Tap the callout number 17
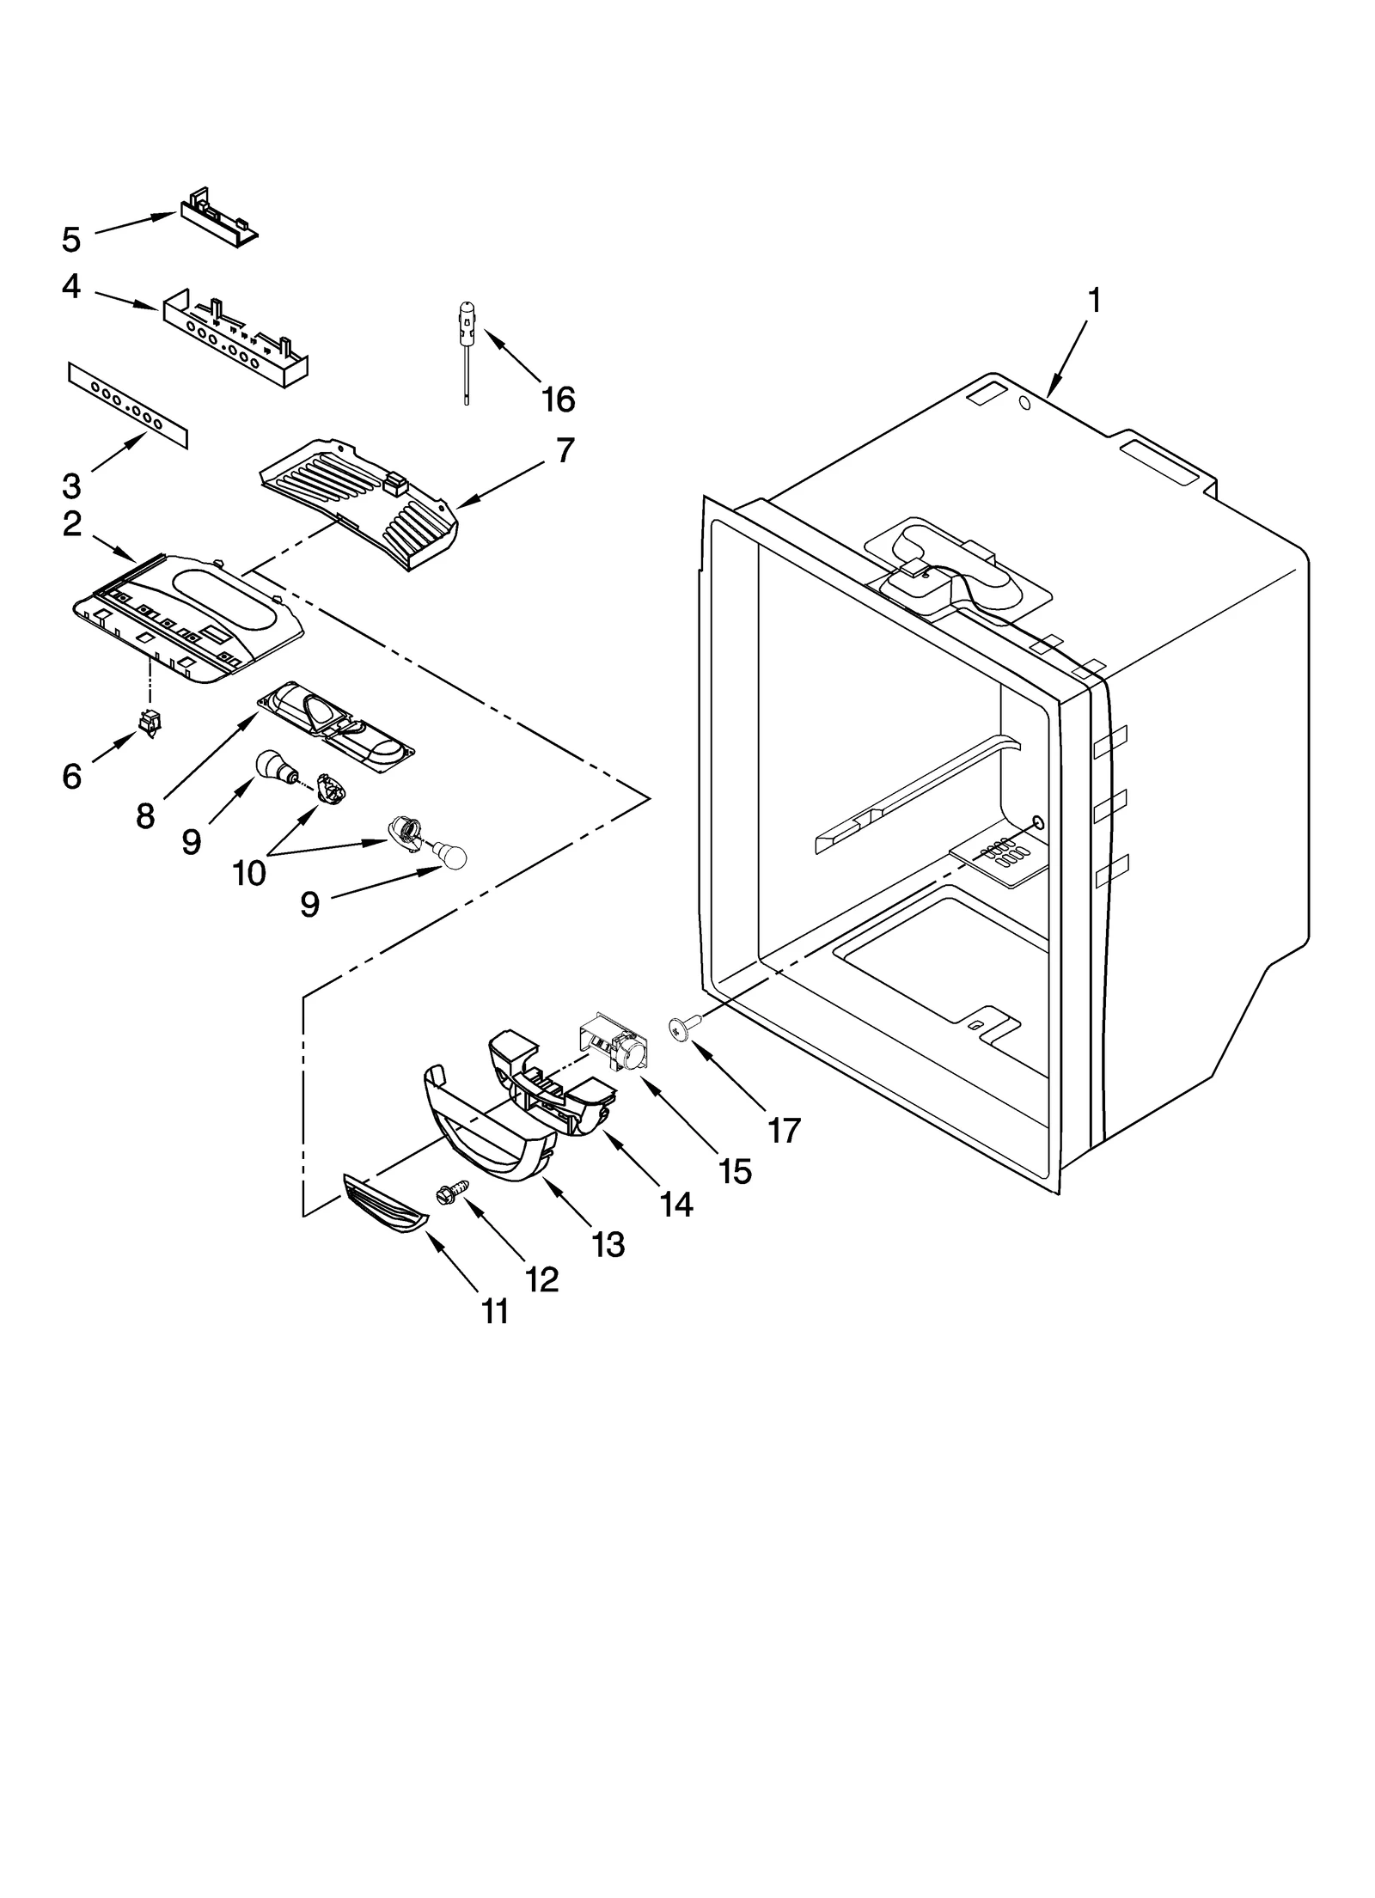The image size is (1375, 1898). [783, 1130]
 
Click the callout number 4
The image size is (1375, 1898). [71, 287]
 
